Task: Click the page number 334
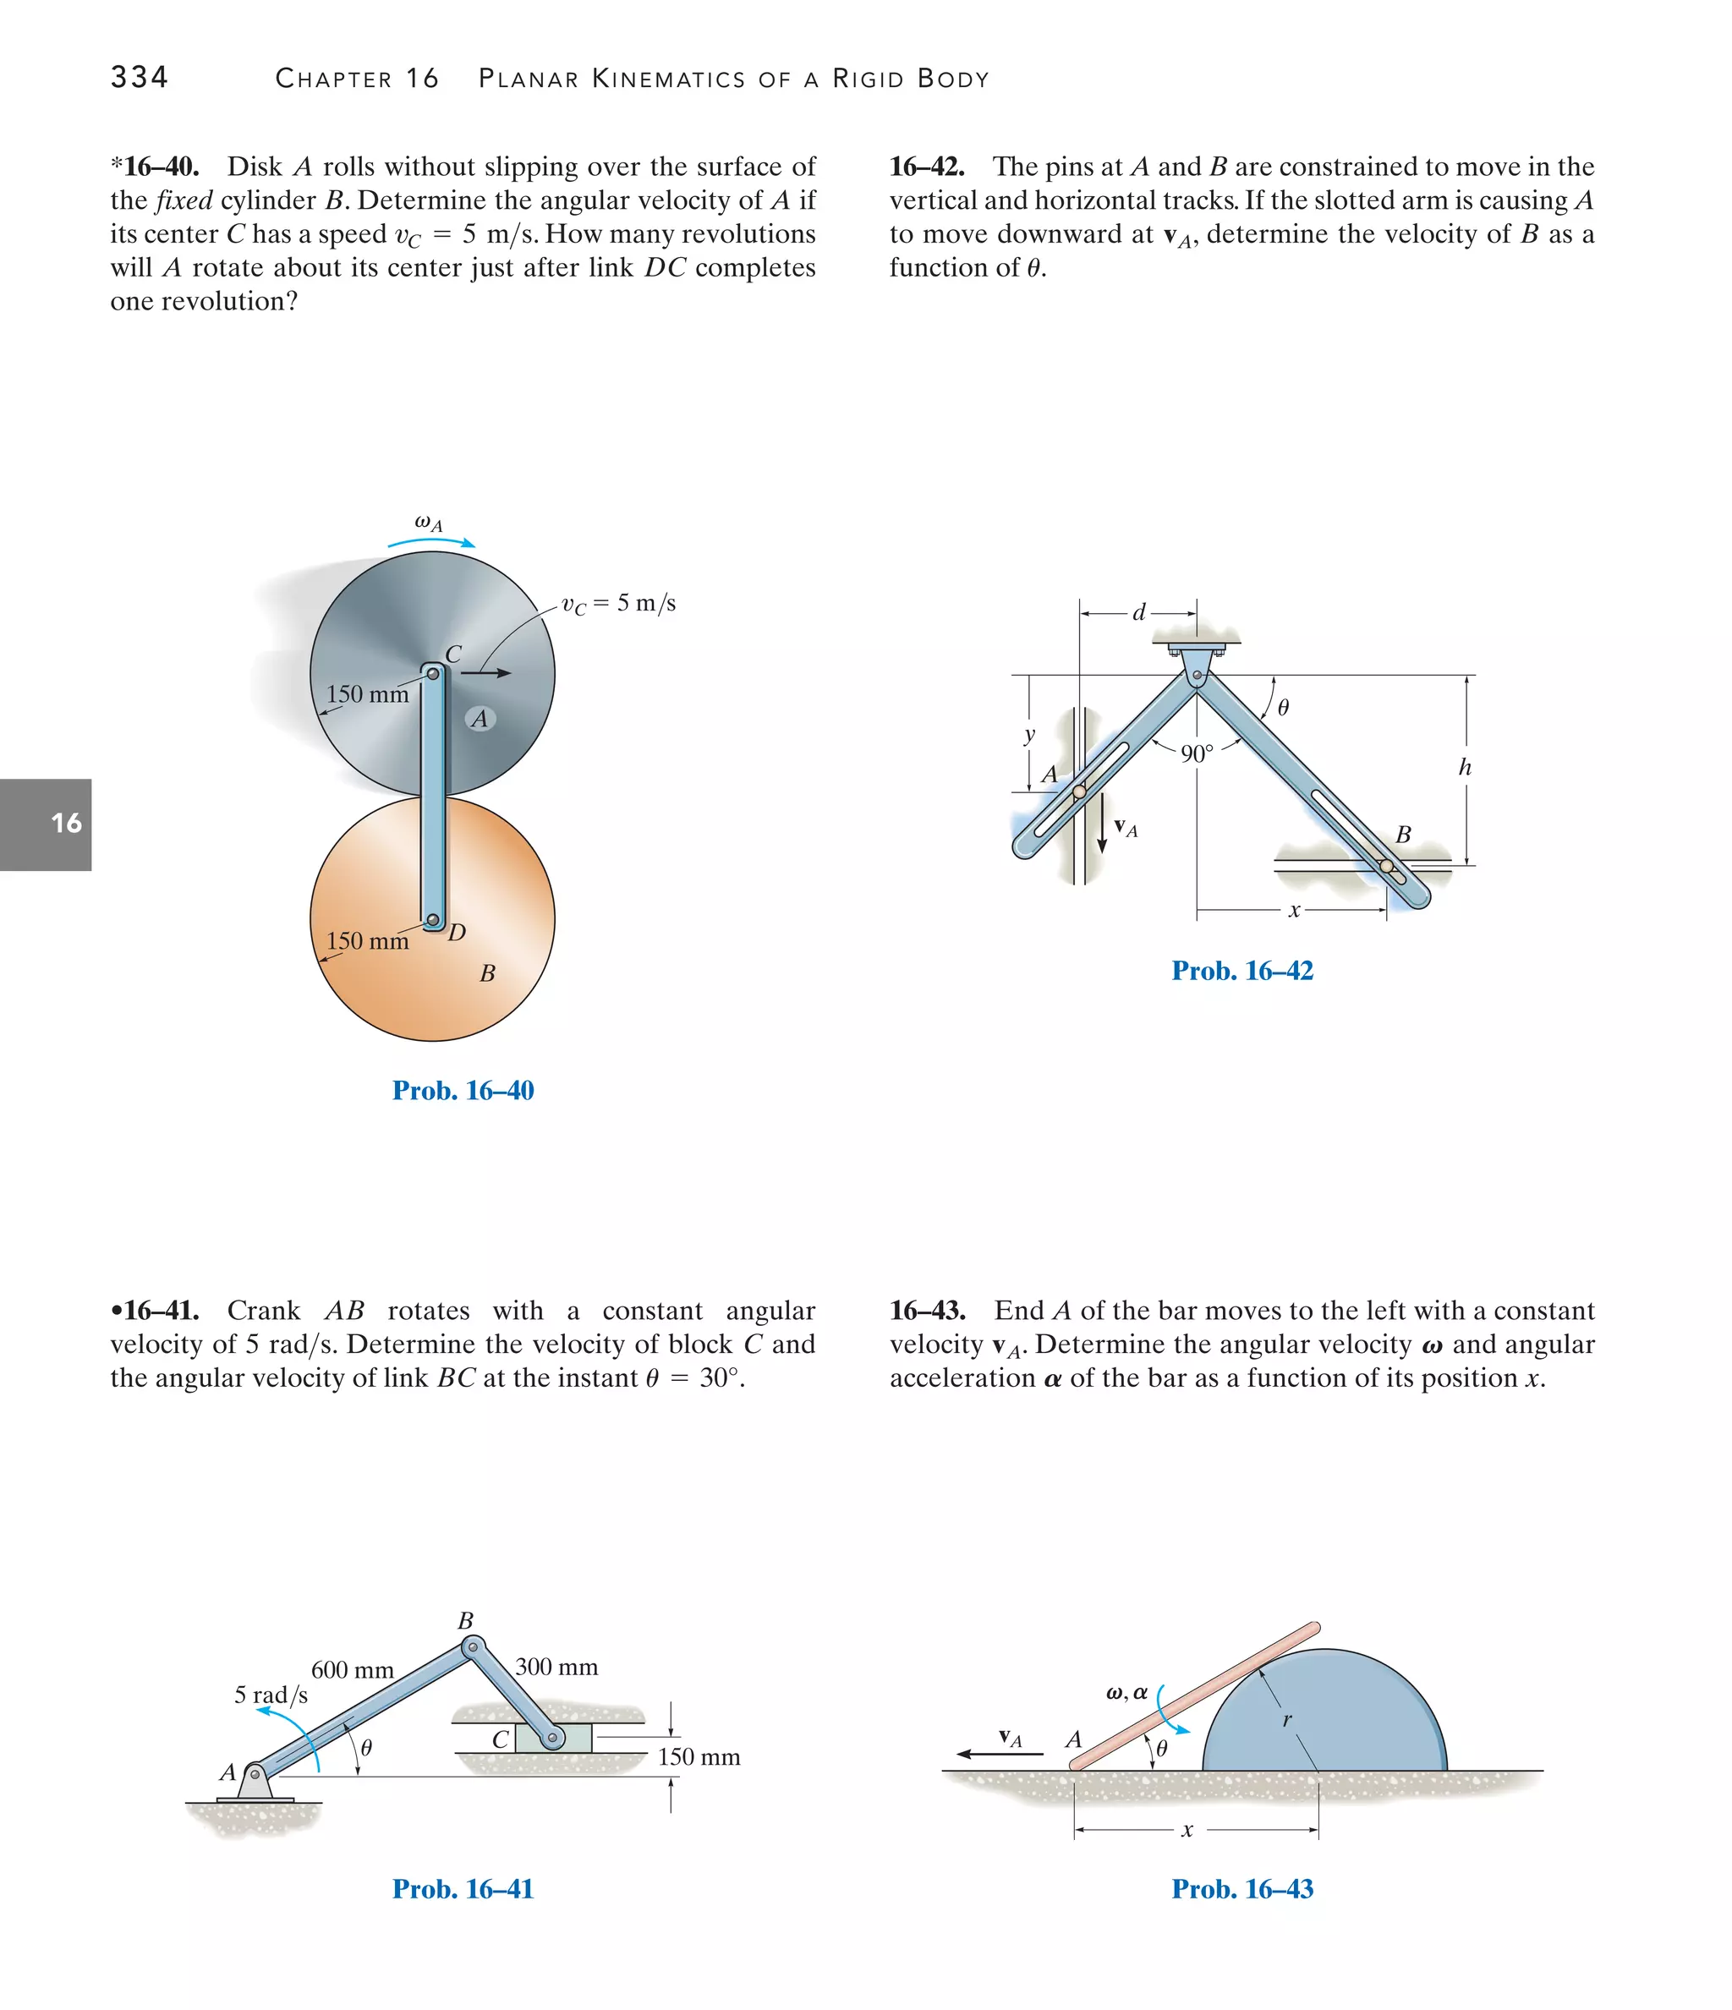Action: click(x=139, y=77)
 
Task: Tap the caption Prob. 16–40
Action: click(x=463, y=1090)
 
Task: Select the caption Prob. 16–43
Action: click(x=1242, y=1889)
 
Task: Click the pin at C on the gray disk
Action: click(x=434, y=673)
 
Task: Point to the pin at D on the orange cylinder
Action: click(x=434, y=920)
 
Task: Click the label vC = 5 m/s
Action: click(x=618, y=604)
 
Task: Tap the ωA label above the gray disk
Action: click(x=428, y=523)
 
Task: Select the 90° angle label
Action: click(x=1197, y=753)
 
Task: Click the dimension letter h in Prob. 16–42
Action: click(x=1464, y=767)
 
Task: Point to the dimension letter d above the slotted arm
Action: click(x=1139, y=612)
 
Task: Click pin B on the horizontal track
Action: click(x=1385, y=866)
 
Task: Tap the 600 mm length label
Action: click(x=352, y=1669)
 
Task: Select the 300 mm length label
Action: click(x=556, y=1667)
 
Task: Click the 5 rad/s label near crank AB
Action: click(x=271, y=1695)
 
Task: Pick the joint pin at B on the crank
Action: click(x=473, y=1646)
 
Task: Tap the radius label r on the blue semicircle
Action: click(x=1286, y=1720)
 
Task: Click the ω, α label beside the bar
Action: click(x=1126, y=1693)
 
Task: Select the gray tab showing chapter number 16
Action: click(x=46, y=824)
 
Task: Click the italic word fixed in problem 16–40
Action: click(x=184, y=200)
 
